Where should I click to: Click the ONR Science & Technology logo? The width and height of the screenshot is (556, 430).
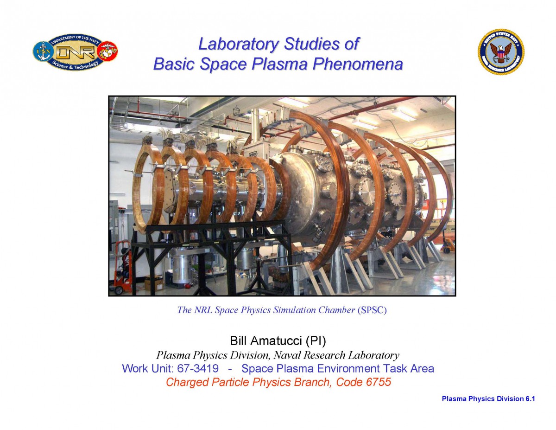click(x=75, y=52)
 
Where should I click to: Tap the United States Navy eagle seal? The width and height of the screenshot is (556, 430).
click(x=501, y=52)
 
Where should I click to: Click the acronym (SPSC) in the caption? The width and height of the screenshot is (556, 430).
click(x=372, y=310)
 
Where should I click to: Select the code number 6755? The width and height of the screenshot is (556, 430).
click(x=378, y=382)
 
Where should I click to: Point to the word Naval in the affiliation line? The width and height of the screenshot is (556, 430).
click(x=286, y=355)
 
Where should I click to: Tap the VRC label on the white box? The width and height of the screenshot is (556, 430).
click(x=253, y=154)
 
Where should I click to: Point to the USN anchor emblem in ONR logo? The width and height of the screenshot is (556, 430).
click(x=43, y=51)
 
